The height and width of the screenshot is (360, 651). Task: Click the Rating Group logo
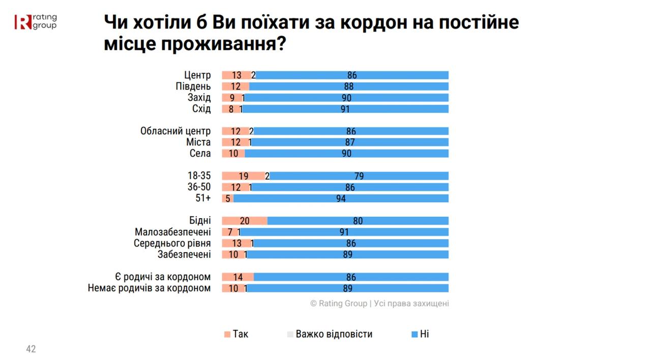pos(36,21)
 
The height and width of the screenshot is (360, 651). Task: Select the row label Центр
pos(197,75)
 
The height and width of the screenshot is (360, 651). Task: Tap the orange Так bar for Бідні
pos(245,221)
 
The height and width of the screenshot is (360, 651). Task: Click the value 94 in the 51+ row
pos(341,198)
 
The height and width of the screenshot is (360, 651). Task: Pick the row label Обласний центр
pos(175,131)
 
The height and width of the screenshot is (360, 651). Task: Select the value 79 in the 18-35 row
pos(359,176)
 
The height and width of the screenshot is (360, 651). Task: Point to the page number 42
pos(31,349)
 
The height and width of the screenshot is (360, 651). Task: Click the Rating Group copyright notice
pos(379,304)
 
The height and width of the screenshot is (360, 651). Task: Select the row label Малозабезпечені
pos(173,232)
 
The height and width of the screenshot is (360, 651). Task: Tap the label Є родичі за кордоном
pos(163,277)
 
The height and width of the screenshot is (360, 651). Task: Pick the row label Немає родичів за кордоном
pos(149,288)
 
